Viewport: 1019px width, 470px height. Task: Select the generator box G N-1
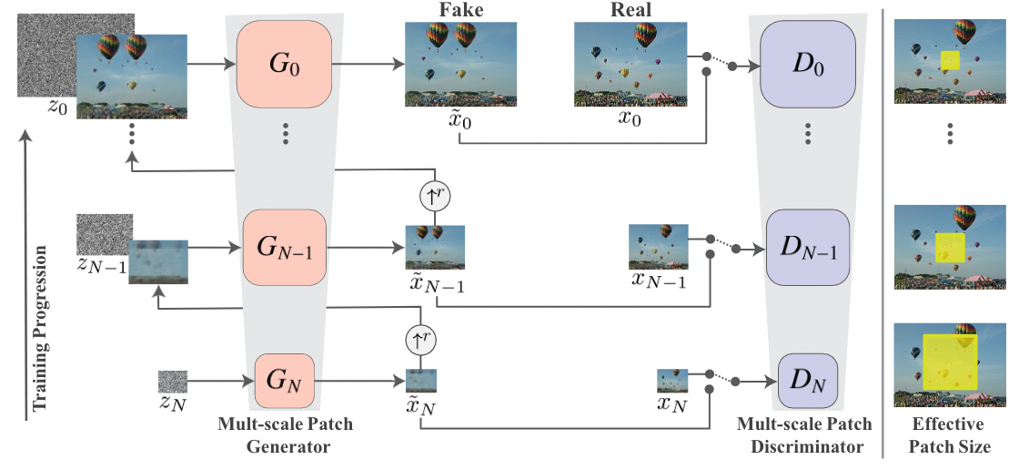pyautogui.click(x=285, y=246)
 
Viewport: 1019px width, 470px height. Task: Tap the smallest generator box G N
pyautogui.click(x=285, y=382)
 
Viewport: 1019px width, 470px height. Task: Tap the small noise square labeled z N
pyautogui.click(x=173, y=381)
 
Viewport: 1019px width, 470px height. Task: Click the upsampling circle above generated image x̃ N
pyautogui.click(x=421, y=340)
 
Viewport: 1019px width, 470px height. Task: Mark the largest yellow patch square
pyautogui.click(x=950, y=363)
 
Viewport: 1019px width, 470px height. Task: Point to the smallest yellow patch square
pyautogui.click(x=951, y=61)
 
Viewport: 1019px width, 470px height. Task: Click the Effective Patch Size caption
pyautogui.click(x=949, y=436)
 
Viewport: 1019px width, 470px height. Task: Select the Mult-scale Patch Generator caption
pyautogui.click(x=286, y=436)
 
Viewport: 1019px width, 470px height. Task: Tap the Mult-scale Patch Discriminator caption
pyautogui.click(x=804, y=436)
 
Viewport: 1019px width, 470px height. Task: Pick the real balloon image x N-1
pyautogui.click(x=657, y=246)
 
